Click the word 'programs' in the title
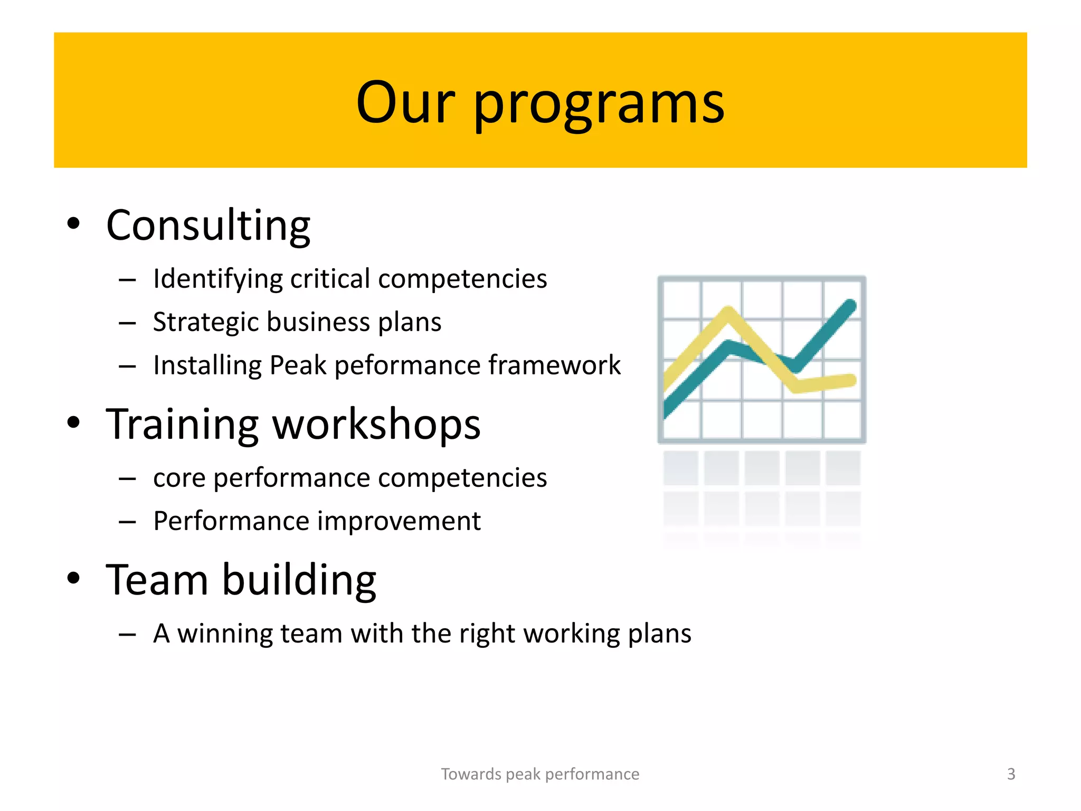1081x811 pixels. [599, 104]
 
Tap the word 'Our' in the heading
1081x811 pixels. [405, 102]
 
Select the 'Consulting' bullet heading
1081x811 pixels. [208, 225]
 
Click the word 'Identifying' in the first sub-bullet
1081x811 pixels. [217, 279]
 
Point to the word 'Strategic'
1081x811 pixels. [205, 322]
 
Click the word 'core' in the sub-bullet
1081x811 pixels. [179, 478]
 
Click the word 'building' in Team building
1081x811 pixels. [299, 580]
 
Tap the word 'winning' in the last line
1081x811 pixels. [224, 633]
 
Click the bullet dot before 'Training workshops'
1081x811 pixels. [73, 422]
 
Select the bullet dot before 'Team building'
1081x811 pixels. [73, 578]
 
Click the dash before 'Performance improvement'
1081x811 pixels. [127, 522]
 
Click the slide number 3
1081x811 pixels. [1011, 774]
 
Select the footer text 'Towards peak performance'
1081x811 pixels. [540, 774]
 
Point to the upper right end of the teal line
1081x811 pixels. [850, 305]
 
